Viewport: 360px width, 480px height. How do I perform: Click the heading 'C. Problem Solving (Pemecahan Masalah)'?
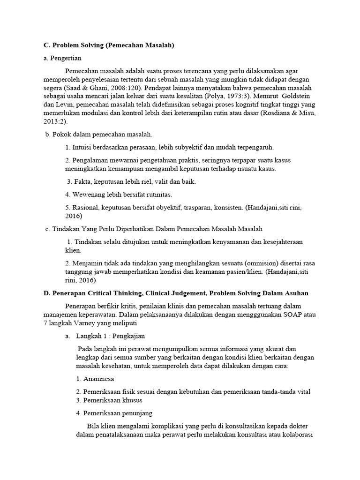[109, 45]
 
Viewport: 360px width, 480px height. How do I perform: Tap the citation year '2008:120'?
[116, 88]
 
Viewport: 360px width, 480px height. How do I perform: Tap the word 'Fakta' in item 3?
[81, 181]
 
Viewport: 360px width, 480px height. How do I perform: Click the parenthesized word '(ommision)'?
[249, 263]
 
